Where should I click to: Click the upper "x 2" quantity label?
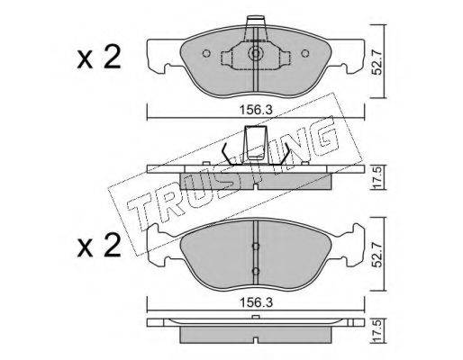(x=99, y=58)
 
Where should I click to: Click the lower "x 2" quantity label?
(x=99, y=246)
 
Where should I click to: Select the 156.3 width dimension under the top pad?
(x=256, y=111)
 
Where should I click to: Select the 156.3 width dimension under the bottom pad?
(x=256, y=303)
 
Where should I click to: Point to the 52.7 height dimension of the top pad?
(x=377, y=62)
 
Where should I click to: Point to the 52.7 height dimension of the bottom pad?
(x=377, y=255)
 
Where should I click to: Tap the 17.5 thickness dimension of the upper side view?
(x=377, y=177)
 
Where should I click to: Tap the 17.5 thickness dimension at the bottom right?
(x=377, y=330)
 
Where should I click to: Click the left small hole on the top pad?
(x=206, y=53)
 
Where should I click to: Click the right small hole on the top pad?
(x=305, y=53)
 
